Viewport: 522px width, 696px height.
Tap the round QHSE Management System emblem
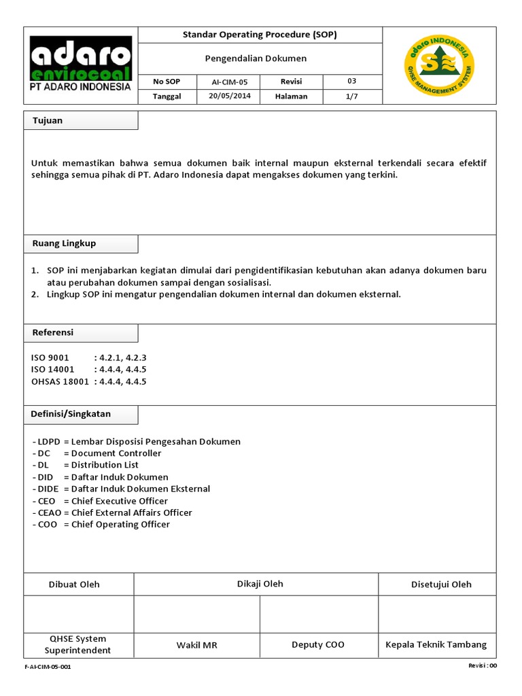tap(439, 66)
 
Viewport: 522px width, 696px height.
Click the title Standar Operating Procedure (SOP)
tap(260, 35)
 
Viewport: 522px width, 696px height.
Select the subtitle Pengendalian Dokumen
tap(256, 58)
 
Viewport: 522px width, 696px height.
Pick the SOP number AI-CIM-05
tap(230, 82)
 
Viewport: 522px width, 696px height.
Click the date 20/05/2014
tap(230, 97)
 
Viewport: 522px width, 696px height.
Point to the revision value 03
tap(351, 82)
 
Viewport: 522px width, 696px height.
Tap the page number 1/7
tap(351, 97)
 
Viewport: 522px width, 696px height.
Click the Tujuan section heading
tap(48, 120)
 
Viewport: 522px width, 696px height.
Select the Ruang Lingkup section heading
tap(65, 243)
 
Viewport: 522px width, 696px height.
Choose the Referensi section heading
tap(53, 332)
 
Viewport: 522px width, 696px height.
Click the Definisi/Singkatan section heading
tap(71, 413)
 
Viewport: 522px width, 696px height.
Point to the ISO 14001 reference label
tap(53, 369)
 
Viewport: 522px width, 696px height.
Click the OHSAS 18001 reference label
tap(60, 381)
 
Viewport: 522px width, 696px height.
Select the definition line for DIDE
tap(121, 489)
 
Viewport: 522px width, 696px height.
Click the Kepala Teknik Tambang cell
tap(436, 644)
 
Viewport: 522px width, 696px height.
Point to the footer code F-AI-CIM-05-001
tap(48, 667)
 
